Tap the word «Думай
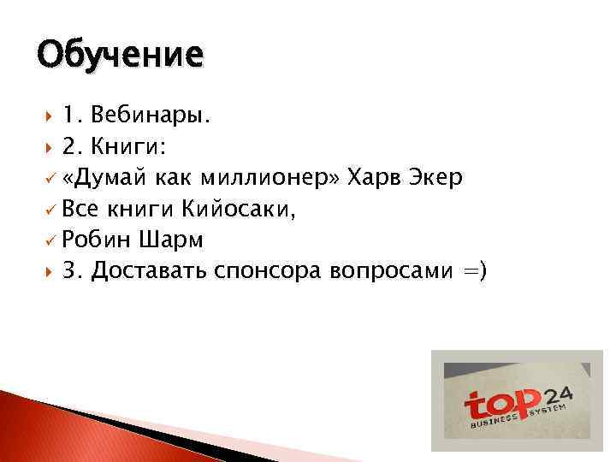(x=107, y=177)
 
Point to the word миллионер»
(x=270, y=177)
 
